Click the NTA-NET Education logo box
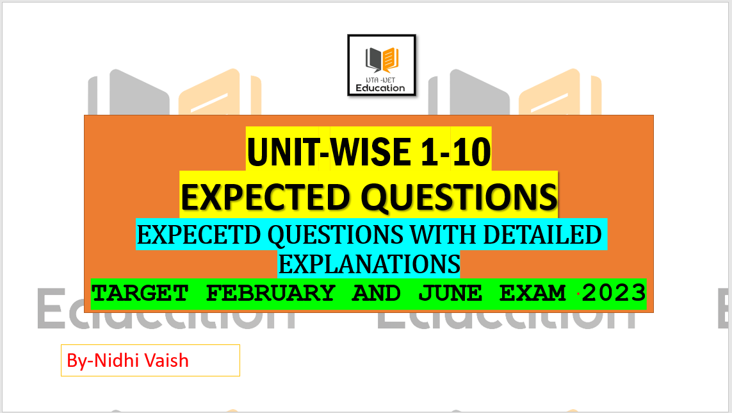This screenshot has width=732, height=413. click(382, 65)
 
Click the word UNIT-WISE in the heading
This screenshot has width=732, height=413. click(329, 152)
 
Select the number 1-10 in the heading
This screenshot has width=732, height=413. click(455, 152)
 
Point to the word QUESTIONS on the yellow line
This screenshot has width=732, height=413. click(459, 197)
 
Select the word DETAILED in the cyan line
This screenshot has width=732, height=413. click(542, 235)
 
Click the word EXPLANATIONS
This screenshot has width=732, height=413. click(370, 264)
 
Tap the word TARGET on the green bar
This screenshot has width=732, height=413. click(140, 293)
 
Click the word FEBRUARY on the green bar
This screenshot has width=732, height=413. click(271, 293)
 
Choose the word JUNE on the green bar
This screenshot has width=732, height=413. click(450, 293)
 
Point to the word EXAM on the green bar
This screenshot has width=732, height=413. click(533, 293)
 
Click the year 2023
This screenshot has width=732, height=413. click(614, 293)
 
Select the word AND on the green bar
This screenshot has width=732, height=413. click(377, 293)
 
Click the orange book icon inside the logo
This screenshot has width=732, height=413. click(391, 60)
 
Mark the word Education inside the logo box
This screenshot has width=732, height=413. click(380, 88)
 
